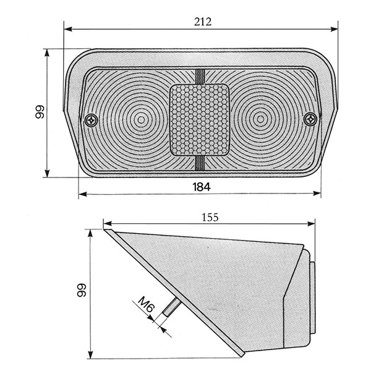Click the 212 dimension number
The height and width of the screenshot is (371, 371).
point(203,22)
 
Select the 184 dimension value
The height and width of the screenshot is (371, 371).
point(202,187)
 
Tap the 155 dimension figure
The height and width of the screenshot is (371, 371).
point(210,217)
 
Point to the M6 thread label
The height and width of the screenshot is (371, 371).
point(146,304)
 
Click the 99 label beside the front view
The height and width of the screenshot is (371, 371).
point(40,112)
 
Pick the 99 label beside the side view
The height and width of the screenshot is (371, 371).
point(82,290)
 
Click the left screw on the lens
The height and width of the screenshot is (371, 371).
point(91,121)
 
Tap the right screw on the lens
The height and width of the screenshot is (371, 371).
point(310,119)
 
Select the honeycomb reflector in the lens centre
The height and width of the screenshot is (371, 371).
point(200,120)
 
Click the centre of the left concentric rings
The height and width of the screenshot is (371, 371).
point(141,120)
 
